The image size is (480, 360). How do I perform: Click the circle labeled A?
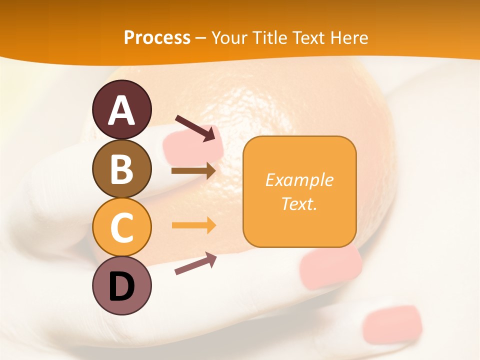[122, 109]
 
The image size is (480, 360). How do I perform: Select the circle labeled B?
[122, 168]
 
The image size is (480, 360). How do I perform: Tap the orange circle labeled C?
[122, 227]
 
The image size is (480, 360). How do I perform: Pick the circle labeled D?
[122, 285]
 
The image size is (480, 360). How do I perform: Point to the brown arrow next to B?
[193, 170]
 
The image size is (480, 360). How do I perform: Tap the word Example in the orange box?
[299, 179]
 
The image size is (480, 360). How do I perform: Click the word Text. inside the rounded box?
[299, 203]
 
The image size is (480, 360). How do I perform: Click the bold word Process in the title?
[157, 37]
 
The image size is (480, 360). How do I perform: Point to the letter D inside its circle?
[122, 286]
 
